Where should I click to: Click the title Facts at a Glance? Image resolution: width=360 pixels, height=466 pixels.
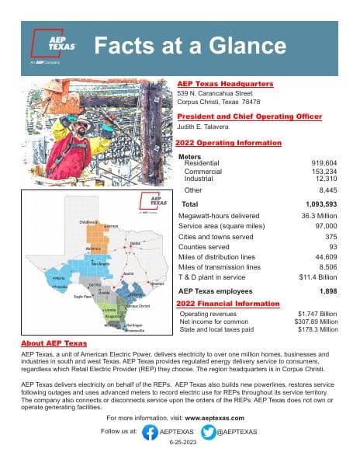coord(189,46)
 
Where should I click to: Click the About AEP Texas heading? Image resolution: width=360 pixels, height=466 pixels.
coord(54,343)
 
